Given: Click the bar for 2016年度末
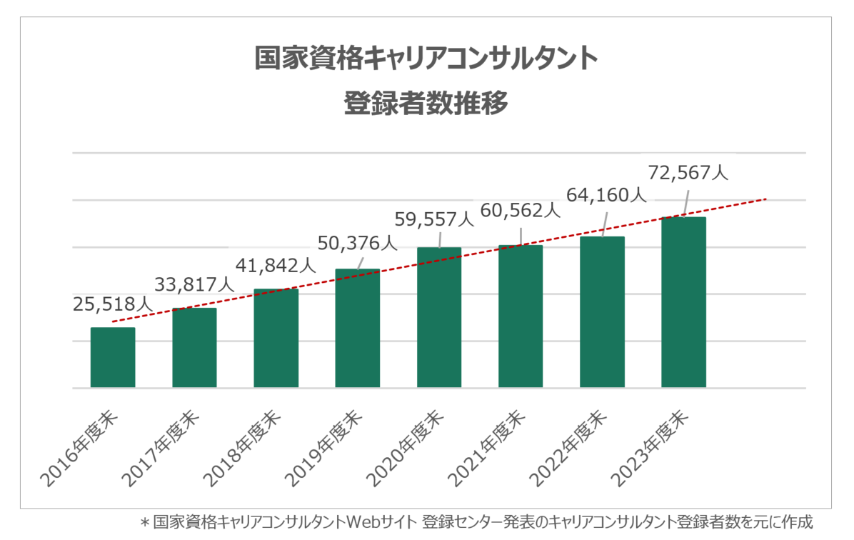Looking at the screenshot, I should coord(113,358).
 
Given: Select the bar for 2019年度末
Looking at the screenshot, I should coord(357,329).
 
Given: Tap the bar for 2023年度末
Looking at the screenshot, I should coord(683,303).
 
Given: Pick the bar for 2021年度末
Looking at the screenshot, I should coord(521,316).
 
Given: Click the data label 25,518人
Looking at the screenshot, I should coord(113,303).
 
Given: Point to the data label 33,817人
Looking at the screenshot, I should coord(195,284).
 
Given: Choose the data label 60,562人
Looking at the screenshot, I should coord(521,210).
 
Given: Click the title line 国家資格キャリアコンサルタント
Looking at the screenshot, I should coord(426,59).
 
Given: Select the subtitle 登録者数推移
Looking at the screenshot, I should coord(426,104).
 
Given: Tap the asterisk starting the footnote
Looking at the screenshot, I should coord(145,522).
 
